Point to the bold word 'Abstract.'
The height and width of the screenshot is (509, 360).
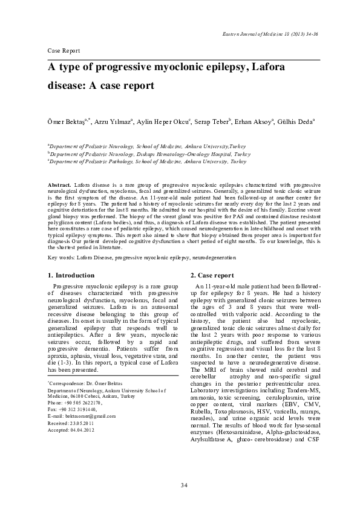(59, 183)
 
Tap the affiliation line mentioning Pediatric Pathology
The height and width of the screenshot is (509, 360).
(147, 162)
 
